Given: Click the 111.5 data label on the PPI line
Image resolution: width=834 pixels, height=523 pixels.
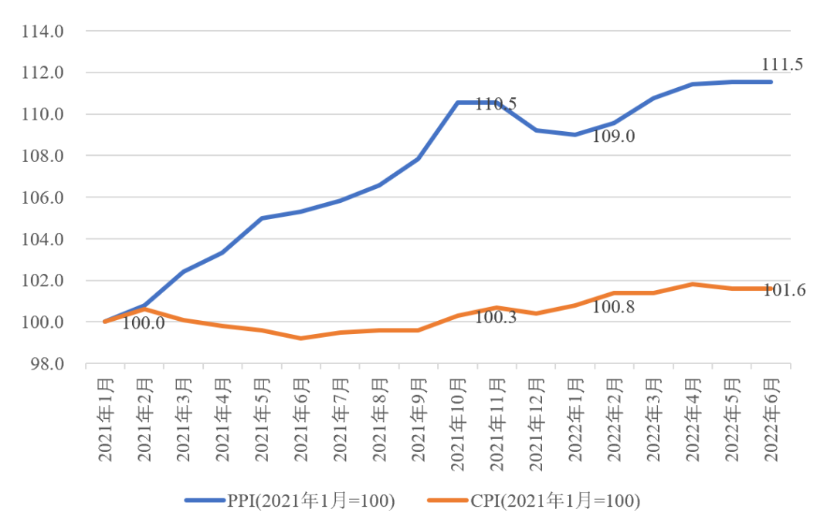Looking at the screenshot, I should (782, 65).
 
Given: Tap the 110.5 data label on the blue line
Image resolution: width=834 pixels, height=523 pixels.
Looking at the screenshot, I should (496, 104).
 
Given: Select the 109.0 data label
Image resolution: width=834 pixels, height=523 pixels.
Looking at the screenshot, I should (614, 137).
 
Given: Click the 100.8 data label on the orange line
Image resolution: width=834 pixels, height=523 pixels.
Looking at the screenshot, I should (614, 307).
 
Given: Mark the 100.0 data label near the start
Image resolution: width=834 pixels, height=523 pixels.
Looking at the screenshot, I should (144, 323).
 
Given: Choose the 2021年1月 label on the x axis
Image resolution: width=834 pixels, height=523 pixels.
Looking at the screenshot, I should (106, 419).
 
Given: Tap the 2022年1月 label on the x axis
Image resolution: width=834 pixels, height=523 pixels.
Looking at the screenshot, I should (576, 419).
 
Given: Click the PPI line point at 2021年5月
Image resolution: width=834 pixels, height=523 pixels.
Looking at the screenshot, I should (262, 218).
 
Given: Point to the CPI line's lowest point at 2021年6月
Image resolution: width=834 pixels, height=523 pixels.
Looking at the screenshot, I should (301, 338).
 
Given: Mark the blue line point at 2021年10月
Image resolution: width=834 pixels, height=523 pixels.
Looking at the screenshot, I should (458, 103).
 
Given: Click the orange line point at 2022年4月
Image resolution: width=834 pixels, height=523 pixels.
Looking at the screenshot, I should (693, 284).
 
